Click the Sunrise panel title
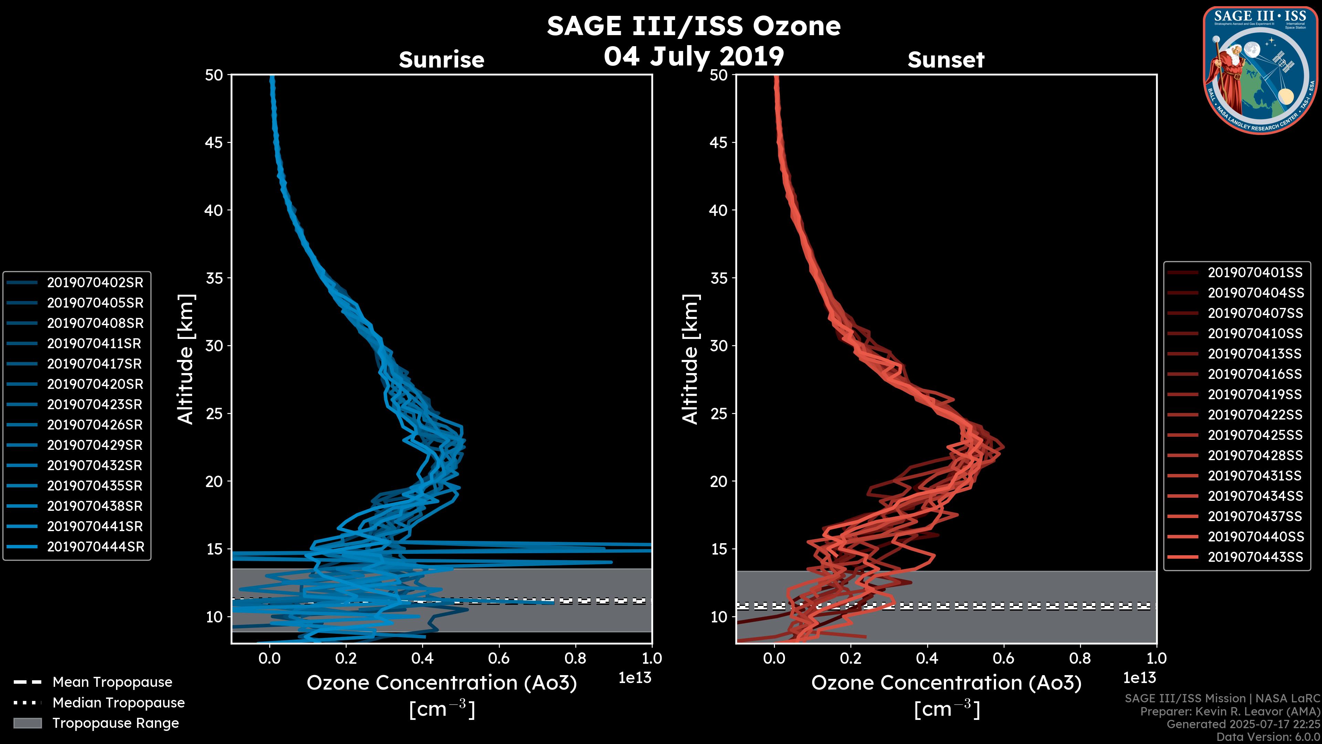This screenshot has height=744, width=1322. pyautogui.click(x=441, y=60)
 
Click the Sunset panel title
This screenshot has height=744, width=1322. pyautogui.click(x=946, y=60)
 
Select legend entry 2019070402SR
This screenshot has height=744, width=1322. pyautogui.click(x=95, y=282)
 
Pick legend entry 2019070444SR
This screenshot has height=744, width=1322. pyautogui.click(x=95, y=547)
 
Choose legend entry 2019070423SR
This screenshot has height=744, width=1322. pyautogui.click(x=95, y=405)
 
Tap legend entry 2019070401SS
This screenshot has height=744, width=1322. pyautogui.click(x=1255, y=273)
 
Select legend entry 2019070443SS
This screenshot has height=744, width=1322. pyautogui.click(x=1255, y=557)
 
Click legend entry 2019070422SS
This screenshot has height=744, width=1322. pyautogui.click(x=1255, y=415)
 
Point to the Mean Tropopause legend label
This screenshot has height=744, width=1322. pyautogui.click(x=112, y=682)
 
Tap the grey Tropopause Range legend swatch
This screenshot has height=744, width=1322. pyautogui.click(x=27, y=723)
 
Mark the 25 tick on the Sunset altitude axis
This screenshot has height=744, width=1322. pyautogui.click(x=719, y=413)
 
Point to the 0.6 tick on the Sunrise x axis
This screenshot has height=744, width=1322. pyautogui.click(x=499, y=658)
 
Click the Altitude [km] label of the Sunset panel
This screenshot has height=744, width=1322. pyautogui.click(x=691, y=359)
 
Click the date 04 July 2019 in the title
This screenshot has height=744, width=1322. pyautogui.click(x=693, y=56)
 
